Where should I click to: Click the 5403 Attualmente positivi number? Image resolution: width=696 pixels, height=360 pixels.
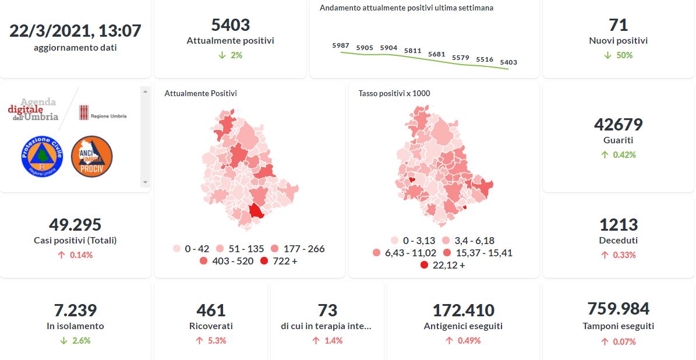[x=230, y=25]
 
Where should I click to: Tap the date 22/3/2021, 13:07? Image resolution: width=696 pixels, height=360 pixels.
[x=75, y=30]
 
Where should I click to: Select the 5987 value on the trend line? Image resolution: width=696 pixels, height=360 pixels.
[x=341, y=45]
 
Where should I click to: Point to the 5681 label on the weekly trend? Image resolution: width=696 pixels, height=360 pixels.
[x=436, y=54]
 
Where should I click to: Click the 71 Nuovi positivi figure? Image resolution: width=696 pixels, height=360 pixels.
[x=618, y=25]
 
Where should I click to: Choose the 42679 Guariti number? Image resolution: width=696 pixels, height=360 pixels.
[x=618, y=125]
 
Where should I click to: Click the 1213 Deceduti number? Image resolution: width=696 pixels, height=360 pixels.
[x=618, y=224]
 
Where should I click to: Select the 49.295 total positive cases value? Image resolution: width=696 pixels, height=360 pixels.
[x=75, y=224]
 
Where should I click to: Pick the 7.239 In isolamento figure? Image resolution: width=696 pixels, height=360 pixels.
[x=75, y=310]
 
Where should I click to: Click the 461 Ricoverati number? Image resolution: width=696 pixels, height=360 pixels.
[x=211, y=310]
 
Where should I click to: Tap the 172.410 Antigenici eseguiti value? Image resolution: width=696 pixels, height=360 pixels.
[x=463, y=310]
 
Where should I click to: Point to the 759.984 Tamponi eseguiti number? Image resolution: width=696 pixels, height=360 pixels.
[x=618, y=308]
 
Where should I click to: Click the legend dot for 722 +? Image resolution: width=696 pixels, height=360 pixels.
[x=264, y=261]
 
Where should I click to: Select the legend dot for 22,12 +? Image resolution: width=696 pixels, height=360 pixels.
[x=424, y=265]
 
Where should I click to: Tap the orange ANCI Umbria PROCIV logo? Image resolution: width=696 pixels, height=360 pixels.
[x=91, y=156]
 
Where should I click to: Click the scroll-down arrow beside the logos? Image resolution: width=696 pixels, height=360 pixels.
[x=145, y=182]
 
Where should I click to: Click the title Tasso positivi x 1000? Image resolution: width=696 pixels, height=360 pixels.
[x=394, y=93]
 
